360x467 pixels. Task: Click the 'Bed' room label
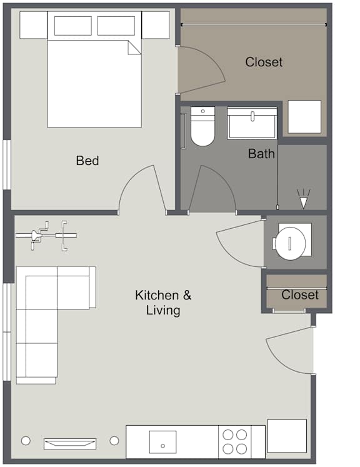click(x=87, y=161)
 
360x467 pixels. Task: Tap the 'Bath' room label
click(x=261, y=154)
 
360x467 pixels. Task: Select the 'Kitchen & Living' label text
click(x=163, y=303)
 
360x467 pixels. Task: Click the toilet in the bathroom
click(x=202, y=126)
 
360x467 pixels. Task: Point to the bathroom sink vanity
click(x=252, y=124)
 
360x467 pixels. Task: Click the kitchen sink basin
click(x=162, y=442)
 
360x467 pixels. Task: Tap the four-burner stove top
click(x=234, y=442)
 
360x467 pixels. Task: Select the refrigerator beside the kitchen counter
click(x=287, y=436)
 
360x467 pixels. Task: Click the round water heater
click(x=291, y=243)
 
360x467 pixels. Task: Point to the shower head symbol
click(x=303, y=199)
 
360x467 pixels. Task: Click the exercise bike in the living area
click(x=46, y=236)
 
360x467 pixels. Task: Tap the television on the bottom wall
click(x=70, y=443)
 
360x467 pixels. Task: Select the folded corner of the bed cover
click(x=134, y=48)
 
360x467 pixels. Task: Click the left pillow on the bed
click(x=72, y=26)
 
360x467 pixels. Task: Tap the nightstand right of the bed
click(x=156, y=25)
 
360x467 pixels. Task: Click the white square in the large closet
click(x=304, y=117)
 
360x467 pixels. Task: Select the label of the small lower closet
click(x=300, y=295)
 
